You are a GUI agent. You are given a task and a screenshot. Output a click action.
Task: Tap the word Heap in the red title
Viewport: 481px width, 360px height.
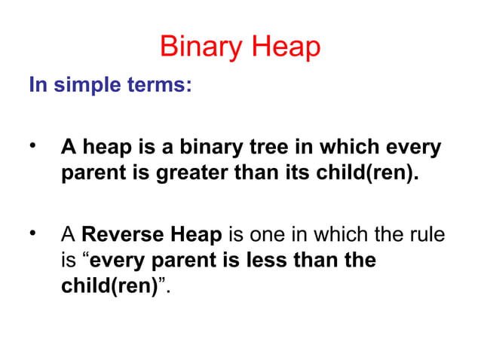point(285,48)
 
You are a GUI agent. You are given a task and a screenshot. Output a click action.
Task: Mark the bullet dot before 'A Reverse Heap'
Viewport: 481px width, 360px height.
point(33,234)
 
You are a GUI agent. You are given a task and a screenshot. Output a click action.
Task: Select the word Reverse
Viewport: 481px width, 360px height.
point(118,236)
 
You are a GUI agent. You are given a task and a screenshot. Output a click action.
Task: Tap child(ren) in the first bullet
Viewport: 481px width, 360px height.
point(365,174)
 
